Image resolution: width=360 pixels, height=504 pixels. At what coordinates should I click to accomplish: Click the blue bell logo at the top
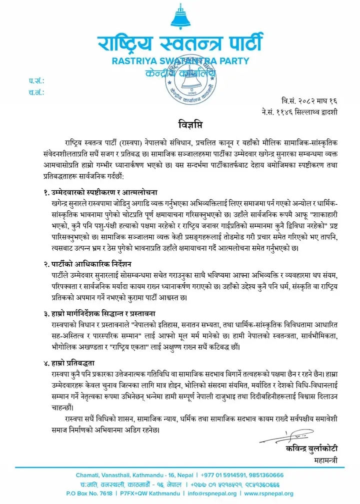180,17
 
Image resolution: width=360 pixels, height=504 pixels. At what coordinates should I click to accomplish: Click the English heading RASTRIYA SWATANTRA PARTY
180,61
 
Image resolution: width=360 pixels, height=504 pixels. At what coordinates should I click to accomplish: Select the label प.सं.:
36,80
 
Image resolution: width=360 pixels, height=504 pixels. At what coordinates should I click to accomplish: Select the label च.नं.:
36,92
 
